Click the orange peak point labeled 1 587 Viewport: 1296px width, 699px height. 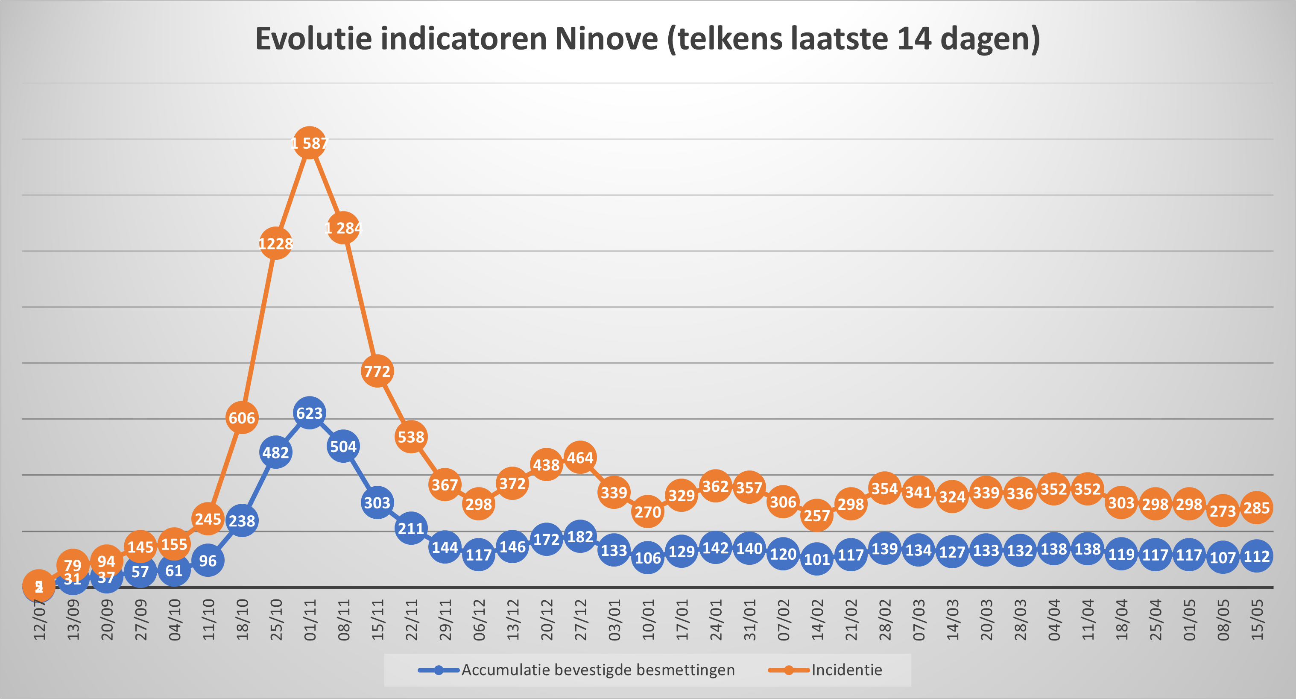click(x=310, y=143)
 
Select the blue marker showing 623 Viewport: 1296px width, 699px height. click(x=310, y=413)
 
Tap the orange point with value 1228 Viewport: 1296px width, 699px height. click(x=276, y=244)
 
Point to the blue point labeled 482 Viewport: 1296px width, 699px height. click(x=276, y=452)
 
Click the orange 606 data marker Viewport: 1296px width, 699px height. click(x=242, y=418)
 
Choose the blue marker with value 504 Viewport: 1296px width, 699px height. click(x=343, y=446)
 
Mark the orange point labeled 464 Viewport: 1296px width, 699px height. click(x=580, y=458)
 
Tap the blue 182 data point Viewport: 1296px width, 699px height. click(x=580, y=537)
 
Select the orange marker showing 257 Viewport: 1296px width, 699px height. click(x=816, y=515)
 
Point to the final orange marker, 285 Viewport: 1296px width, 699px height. click(x=1256, y=508)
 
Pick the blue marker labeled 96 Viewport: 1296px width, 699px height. click(x=208, y=561)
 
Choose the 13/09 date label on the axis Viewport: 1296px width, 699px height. click(x=73, y=620)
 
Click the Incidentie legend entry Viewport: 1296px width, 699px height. click(x=846, y=670)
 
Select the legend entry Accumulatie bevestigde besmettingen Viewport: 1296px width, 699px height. click(x=598, y=670)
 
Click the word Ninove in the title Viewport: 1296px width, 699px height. click(x=606, y=39)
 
